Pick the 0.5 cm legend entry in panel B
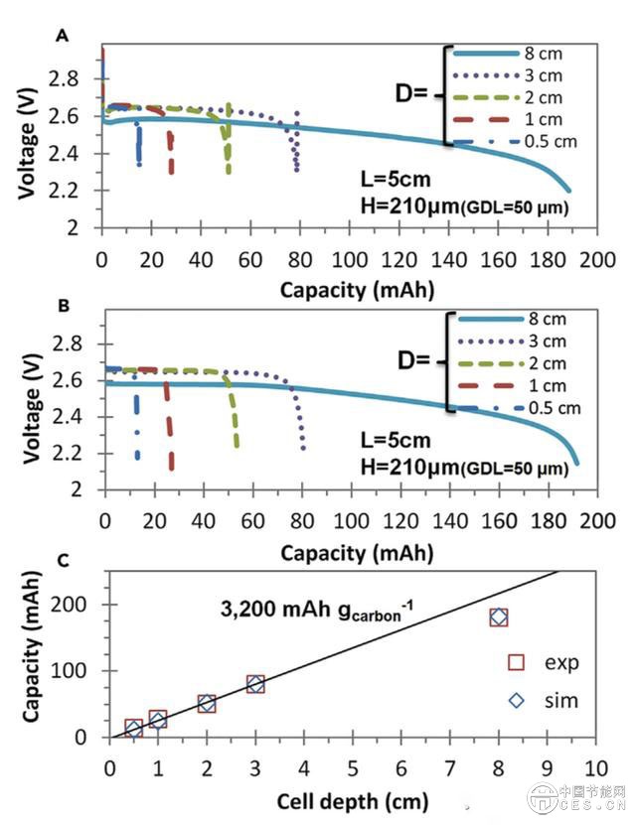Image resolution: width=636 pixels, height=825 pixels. [543, 408]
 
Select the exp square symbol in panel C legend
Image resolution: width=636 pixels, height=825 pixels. [517, 662]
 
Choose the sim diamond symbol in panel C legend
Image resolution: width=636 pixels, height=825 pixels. [517, 700]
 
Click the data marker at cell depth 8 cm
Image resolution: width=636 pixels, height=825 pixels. [499, 618]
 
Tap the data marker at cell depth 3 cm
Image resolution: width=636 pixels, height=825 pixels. [255, 684]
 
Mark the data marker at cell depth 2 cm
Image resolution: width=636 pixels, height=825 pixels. [207, 703]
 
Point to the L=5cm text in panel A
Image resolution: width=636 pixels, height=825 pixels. [392, 179]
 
